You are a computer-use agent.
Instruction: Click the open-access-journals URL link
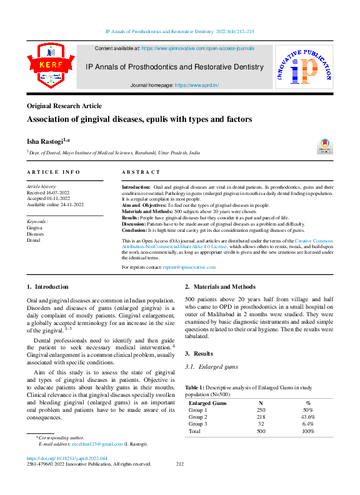(x=197, y=47)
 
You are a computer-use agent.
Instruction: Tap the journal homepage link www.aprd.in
(x=197, y=84)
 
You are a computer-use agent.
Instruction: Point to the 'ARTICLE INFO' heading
(x=53, y=172)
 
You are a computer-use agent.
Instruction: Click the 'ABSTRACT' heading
(x=141, y=172)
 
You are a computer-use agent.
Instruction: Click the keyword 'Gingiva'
(x=34, y=228)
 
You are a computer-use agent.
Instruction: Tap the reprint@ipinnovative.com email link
(x=189, y=267)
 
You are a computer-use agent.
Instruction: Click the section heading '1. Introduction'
(x=48, y=287)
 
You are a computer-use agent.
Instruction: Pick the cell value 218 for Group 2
(x=261, y=416)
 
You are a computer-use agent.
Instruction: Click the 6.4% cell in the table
(x=307, y=424)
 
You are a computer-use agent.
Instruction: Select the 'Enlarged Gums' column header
(x=207, y=403)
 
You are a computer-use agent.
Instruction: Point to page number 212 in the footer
(x=180, y=464)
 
